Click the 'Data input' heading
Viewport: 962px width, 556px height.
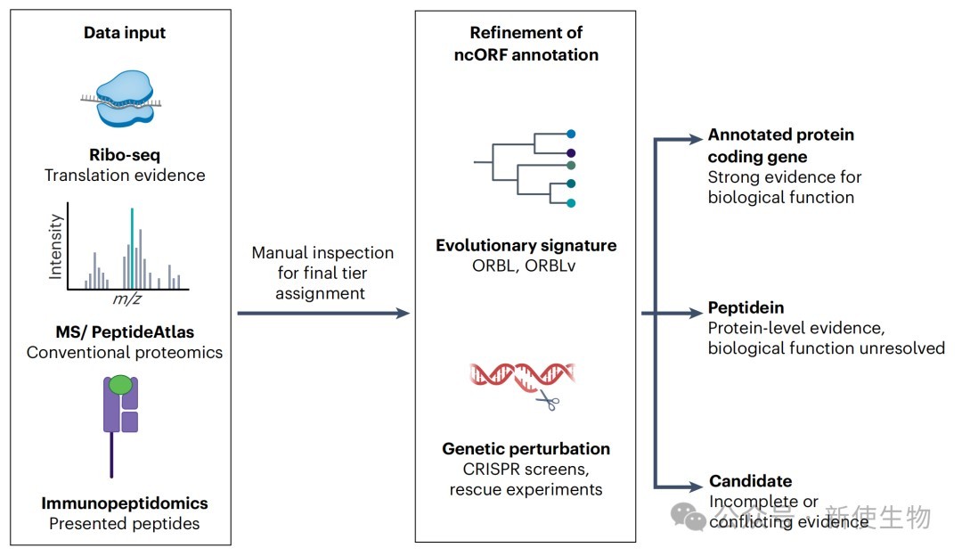click(x=125, y=33)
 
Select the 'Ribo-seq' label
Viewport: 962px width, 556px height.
click(x=125, y=155)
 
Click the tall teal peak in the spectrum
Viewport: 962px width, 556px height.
click(x=132, y=248)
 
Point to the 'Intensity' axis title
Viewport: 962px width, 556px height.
click(x=55, y=247)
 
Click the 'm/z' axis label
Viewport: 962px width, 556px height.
click(x=127, y=298)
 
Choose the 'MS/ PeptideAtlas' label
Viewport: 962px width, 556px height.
click(x=125, y=332)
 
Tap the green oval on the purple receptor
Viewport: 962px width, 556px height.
click(x=120, y=384)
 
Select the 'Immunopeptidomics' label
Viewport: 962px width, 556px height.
click(x=125, y=503)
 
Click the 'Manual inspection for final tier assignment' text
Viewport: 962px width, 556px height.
click(x=322, y=273)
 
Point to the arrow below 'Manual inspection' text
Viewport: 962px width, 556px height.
click(x=323, y=314)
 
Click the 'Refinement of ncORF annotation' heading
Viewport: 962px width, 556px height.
click(x=526, y=44)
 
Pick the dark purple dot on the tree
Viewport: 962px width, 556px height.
click(x=571, y=152)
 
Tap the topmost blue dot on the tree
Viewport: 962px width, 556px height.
click(x=571, y=134)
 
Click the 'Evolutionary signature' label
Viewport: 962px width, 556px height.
click(x=526, y=245)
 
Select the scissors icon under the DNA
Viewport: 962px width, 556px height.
click(x=548, y=400)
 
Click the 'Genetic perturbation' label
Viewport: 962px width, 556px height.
click(x=526, y=448)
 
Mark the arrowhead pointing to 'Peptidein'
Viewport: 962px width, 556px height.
click(x=696, y=314)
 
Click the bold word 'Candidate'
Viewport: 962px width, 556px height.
click(x=750, y=480)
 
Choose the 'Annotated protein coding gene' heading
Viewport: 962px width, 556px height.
click(x=780, y=145)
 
